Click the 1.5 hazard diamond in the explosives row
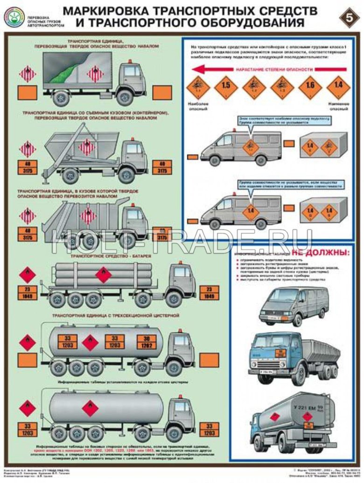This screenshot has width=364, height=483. (226, 85)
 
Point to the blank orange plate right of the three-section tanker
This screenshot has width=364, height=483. (209, 361)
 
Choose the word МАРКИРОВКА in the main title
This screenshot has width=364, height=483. (103, 10)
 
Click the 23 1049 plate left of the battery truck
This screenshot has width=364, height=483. (27, 293)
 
